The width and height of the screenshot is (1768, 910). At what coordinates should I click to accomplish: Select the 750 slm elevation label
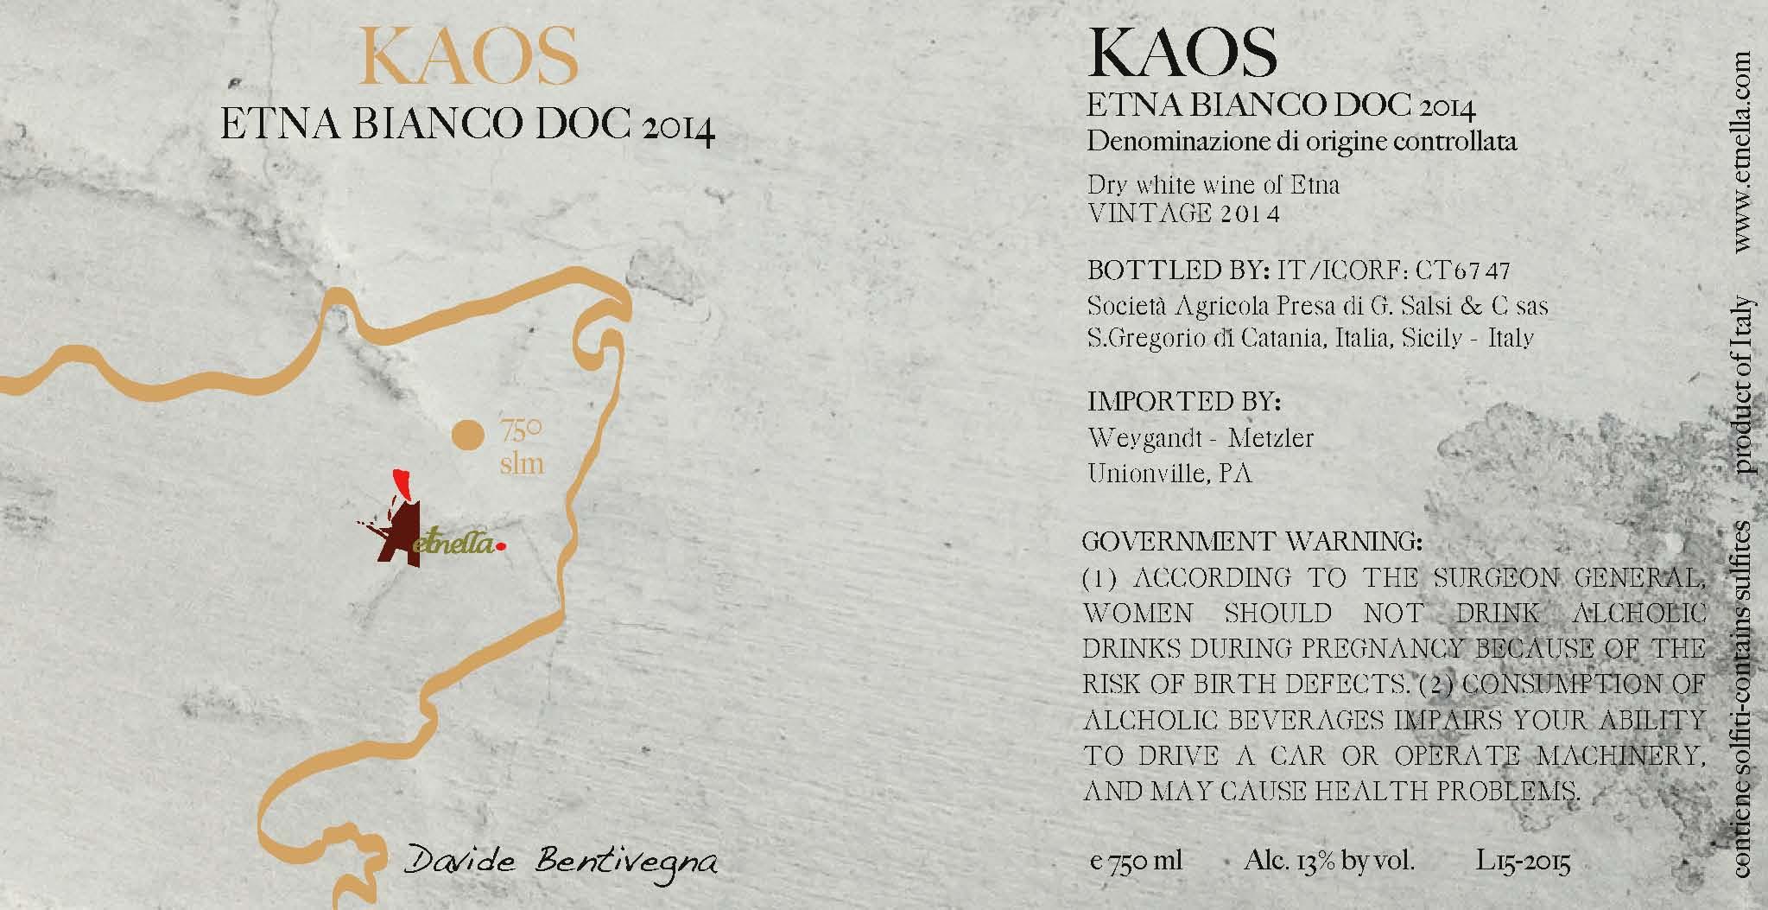[522, 447]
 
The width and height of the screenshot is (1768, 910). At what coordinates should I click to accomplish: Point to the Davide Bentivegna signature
[561, 863]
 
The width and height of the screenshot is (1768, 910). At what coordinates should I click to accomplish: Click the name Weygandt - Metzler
[1200, 438]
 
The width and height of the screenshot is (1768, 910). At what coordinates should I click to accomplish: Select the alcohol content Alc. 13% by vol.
[1329, 861]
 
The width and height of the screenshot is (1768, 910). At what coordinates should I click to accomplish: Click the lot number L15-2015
[1523, 862]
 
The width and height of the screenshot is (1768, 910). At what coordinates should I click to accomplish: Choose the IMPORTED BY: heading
[1183, 402]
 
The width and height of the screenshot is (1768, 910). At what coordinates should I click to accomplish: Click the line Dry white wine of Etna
[1213, 185]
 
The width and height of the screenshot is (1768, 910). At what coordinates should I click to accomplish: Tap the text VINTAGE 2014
[1182, 213]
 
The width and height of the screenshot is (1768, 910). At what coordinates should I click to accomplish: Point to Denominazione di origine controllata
[1302, 142]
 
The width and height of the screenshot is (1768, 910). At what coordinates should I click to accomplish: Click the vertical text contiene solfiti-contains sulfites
[1739, 700]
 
